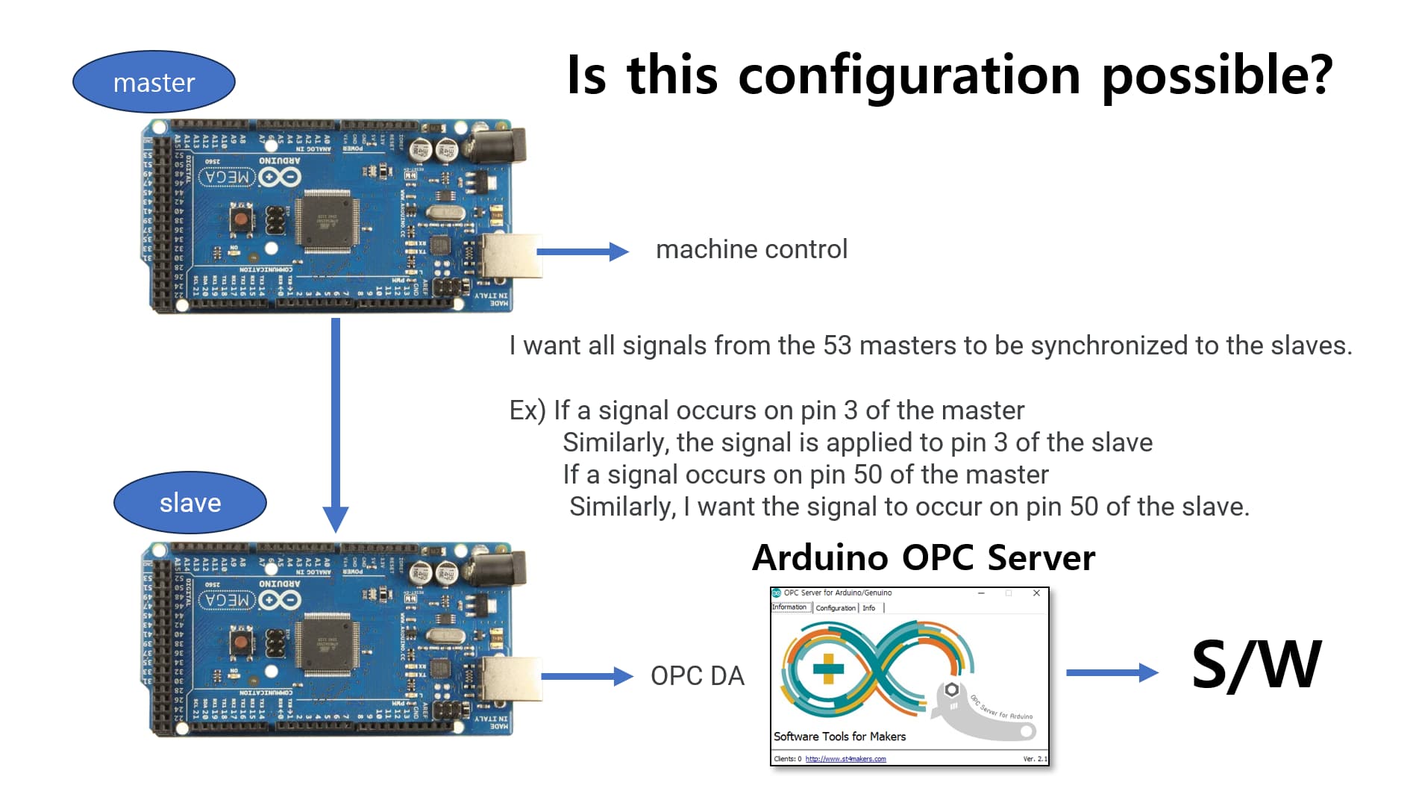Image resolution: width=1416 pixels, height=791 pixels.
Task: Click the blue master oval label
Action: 154,82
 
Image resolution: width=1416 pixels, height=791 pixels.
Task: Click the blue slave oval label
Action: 190,502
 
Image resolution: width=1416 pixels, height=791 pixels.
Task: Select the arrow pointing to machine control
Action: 582,251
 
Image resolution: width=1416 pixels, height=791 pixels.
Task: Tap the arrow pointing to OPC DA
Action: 586,676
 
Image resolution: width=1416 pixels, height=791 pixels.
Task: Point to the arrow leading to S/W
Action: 1112,672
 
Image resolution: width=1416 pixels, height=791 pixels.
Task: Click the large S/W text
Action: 1256,664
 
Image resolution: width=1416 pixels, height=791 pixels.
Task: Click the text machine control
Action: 751,249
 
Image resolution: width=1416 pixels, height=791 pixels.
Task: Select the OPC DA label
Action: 697,676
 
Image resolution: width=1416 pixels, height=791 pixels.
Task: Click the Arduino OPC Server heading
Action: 924,557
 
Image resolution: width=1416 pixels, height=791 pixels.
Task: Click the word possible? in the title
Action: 1218,75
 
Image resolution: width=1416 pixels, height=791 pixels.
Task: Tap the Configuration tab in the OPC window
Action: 836,608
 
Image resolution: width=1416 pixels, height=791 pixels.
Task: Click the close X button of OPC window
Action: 1036,593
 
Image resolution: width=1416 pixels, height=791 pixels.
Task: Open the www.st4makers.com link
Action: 845,759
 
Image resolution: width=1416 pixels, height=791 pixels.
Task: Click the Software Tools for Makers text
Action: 839,737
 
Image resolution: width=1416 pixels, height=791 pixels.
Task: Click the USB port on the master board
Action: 510,256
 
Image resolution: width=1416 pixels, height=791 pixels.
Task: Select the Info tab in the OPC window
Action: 869,608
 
